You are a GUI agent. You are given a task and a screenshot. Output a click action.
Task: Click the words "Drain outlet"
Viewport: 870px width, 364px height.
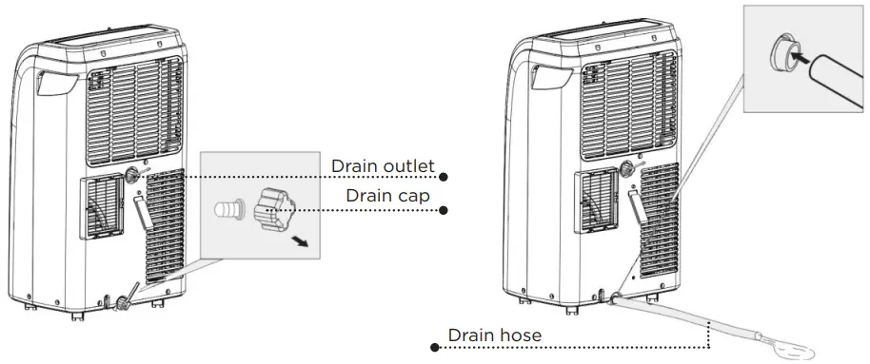click(383, 166)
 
